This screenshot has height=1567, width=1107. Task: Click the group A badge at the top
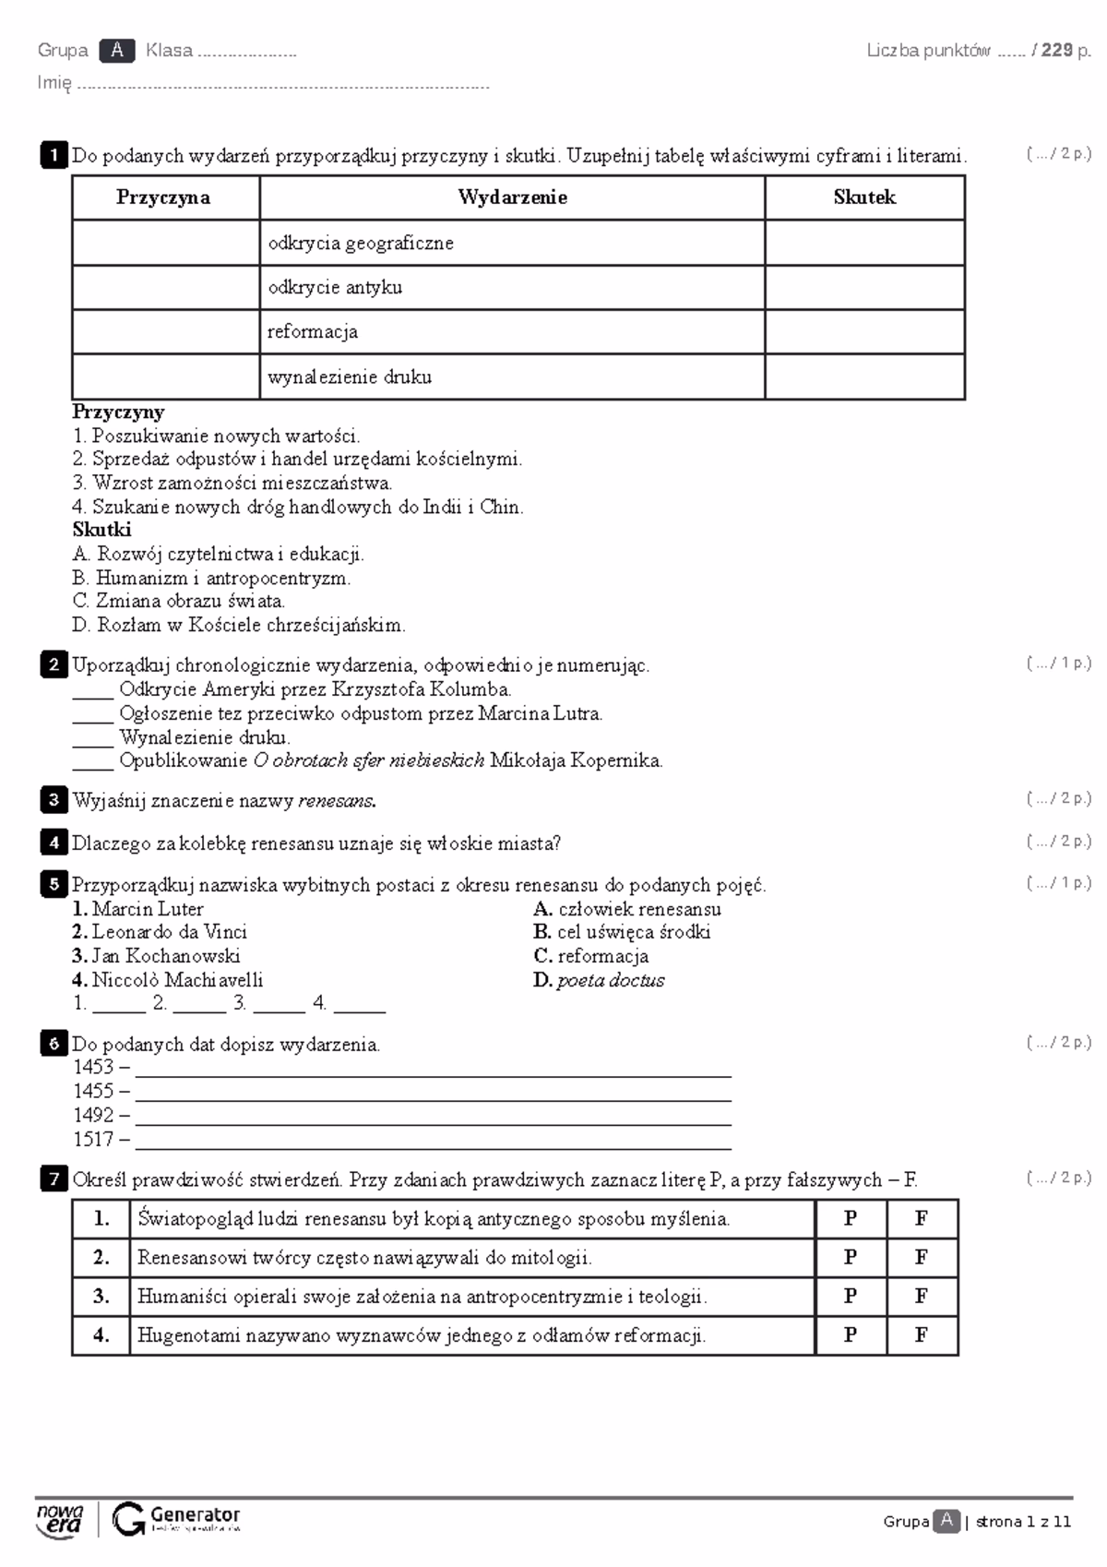[117, 51]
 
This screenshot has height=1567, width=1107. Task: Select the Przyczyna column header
[163, 197]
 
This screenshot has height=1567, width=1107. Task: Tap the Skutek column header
[864, 197]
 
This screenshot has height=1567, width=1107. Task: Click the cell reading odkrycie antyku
[335, 288]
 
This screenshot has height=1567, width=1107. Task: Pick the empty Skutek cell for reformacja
[864, 332]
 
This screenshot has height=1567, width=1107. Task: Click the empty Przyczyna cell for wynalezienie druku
[166, 377]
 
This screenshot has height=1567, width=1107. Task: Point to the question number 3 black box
[54, 800]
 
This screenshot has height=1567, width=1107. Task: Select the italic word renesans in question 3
[337, 801]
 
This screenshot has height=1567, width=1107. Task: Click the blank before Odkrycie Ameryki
[92, 690]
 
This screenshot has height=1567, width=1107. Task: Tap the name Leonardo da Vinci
[169, 933]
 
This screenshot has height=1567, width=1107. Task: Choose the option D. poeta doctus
[599, 981]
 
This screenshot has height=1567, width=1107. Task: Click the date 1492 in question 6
[93, 1116]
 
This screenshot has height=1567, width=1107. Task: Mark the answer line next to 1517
[434, 1142]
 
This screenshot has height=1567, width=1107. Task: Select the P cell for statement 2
[851, 1258]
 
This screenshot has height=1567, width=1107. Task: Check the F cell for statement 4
[922, 1335]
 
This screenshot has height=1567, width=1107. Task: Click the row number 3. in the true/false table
[101, 1297]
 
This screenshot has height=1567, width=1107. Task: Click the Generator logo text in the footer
[195, 1515]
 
